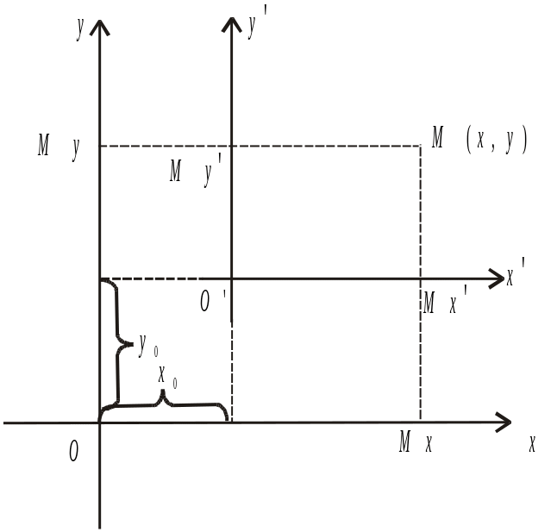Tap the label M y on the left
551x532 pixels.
tap(59, 146)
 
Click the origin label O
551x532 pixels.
tap(74, 449)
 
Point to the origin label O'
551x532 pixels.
tap(206, 298)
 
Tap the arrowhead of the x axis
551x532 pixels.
tap(504, 422)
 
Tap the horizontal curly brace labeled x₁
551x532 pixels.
tap(164, 402)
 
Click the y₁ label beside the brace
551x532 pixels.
tap(146, 346)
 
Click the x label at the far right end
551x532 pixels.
tap(533, 443)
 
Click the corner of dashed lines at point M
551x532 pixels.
tap(420, 146)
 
